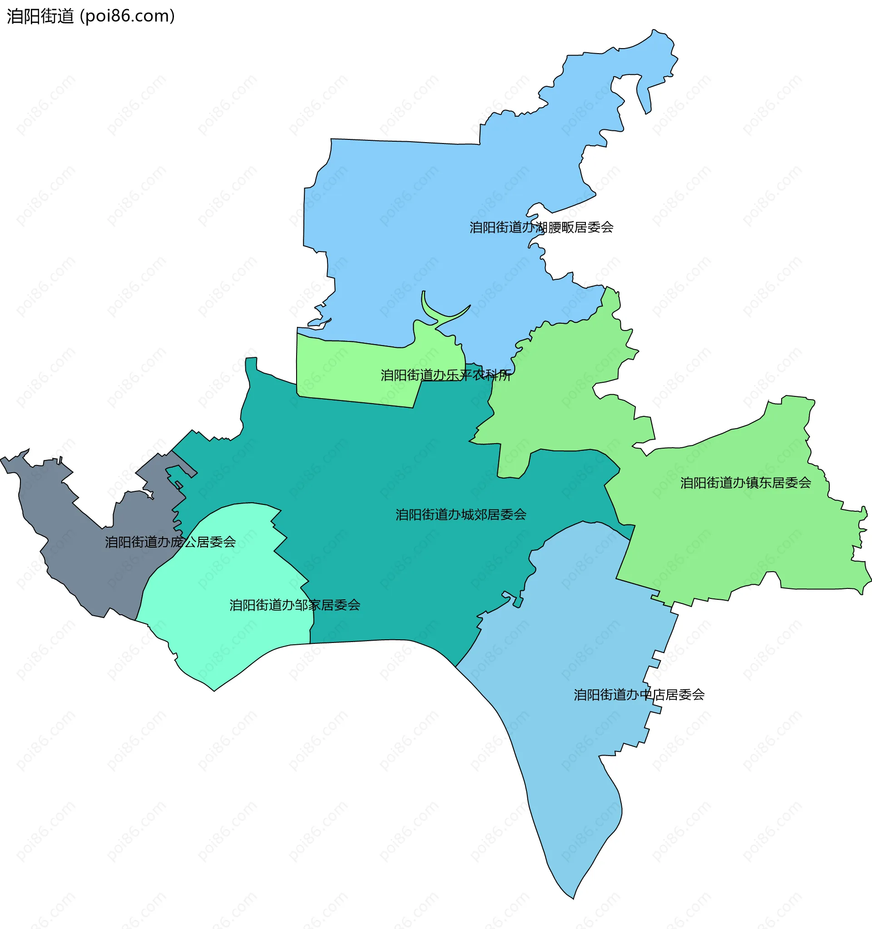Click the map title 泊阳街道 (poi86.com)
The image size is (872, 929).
(91, 16)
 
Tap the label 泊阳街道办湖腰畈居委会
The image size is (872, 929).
(541, 227)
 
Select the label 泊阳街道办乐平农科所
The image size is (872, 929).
(446, 375)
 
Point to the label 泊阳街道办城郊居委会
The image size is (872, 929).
(461, 515)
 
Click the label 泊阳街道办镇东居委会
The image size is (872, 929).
(745, 483)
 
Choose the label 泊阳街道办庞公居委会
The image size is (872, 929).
(170, 542)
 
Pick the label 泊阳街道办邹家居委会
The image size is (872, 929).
(294, 605)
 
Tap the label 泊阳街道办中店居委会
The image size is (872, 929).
(639, 695)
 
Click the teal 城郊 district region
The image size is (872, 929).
(397, 467)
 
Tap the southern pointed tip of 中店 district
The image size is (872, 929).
(574, 898)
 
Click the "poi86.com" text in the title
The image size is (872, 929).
(127, 16)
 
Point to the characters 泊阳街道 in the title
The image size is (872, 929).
(40, 16)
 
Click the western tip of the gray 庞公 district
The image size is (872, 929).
(3, 460)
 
